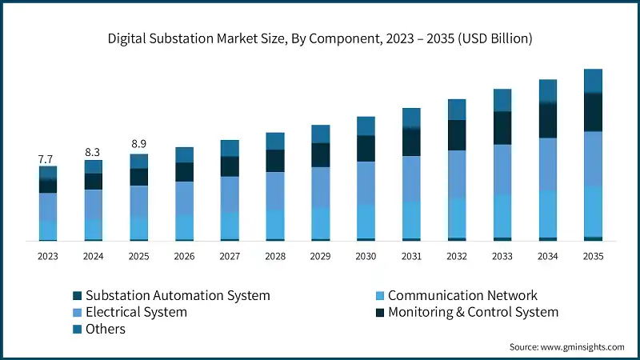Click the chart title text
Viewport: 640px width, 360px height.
click(319, 38)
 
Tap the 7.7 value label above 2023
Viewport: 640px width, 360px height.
click(47, 159)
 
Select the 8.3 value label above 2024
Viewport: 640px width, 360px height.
click(93, 152)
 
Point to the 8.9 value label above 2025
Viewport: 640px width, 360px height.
click(138, 144)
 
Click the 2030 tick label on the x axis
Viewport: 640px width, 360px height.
click(366, 256)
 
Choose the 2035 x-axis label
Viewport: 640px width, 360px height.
click(593, 256)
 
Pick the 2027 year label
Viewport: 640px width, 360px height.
click(230, 256)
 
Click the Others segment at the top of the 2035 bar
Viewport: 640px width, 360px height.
click(593, 81)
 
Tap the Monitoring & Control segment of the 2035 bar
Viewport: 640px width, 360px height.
click(593, 112)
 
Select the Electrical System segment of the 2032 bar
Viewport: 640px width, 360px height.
click(457, 174)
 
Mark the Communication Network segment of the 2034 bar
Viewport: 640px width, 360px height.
click(547, 214)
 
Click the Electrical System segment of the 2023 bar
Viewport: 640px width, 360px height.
click(47, 206)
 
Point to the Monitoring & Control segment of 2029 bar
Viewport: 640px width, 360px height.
click(320, 155)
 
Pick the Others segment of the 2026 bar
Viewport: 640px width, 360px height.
click(184, 154)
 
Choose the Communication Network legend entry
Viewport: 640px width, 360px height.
click(462, 295)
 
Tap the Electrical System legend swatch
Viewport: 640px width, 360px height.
click(77, 312)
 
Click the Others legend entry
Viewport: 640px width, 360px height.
click(105, 329)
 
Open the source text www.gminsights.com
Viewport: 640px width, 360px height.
click(580, 347)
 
